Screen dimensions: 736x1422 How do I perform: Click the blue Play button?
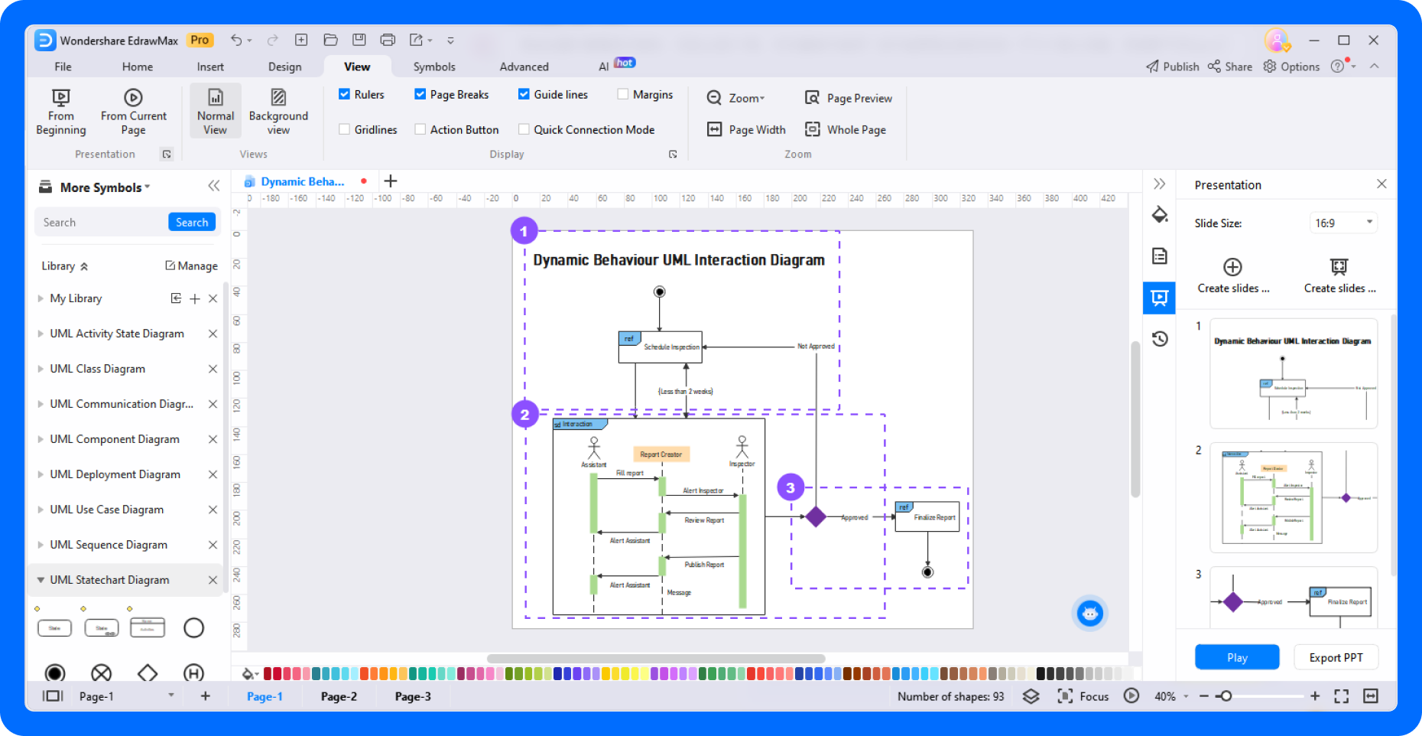point(1236,657)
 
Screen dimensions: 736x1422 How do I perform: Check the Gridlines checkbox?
point(345,129)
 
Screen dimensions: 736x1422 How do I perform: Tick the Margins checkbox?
point(623,94)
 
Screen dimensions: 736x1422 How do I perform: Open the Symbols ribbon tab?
point(433,67)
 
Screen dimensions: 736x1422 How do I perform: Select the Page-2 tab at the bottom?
point(339,696)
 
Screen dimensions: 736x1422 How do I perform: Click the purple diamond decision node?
point(816,517)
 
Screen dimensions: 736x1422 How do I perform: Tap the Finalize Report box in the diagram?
point(927,517)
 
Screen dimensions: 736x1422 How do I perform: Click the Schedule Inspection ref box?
point(661,347)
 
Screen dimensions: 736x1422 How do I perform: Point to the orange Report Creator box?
point(661,454)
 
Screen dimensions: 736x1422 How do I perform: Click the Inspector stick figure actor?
point(742,448)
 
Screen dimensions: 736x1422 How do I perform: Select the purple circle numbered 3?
point(791,487)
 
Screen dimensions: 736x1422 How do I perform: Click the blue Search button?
point(191,223)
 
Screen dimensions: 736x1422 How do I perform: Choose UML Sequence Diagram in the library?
point(109,545)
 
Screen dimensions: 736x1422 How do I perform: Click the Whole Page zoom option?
point(846,129)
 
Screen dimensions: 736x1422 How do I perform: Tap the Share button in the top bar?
point(1230,67)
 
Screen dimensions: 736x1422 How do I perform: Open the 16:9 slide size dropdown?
point(1343,223)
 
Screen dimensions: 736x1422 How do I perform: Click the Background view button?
point(278,112)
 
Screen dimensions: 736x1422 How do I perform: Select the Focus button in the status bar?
point(1083,696)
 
